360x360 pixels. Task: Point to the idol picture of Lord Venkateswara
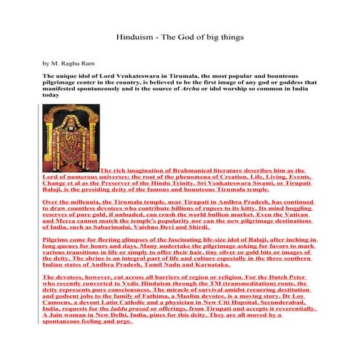(x=71, y=137)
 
